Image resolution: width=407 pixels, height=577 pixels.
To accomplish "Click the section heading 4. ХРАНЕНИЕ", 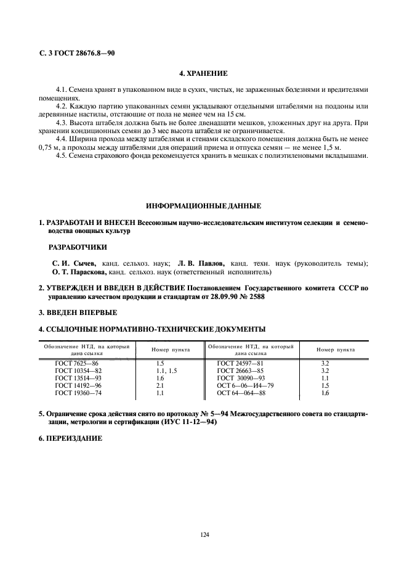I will point(203,73).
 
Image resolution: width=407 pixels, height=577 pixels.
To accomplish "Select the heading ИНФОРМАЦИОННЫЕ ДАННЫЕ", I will point(203,205).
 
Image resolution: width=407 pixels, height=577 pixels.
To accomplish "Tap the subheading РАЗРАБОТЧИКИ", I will point(78,247).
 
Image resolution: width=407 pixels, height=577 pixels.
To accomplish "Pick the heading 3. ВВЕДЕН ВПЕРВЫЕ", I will point(78,313).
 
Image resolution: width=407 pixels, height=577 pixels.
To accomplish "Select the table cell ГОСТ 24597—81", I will point(241,364).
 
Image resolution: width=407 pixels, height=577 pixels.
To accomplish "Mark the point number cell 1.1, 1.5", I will point(166,371).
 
